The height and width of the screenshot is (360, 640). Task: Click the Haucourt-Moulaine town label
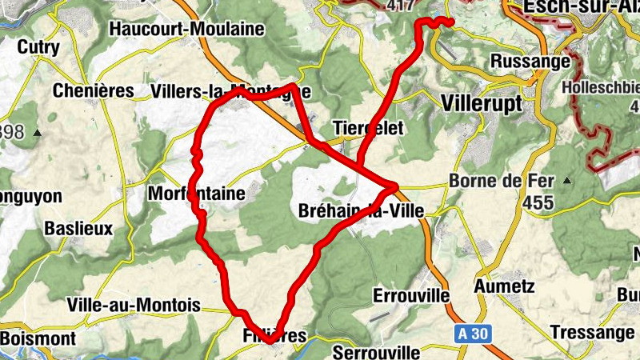point(188,29)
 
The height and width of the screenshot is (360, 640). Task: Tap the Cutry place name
point(38,47)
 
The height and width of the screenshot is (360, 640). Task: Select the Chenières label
point(93,90)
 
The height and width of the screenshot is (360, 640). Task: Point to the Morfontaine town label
point(195,194)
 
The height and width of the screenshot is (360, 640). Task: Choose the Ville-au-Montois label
point(134,305)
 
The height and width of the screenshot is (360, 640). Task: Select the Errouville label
point(410,295)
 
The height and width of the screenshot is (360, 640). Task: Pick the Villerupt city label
point(481,104)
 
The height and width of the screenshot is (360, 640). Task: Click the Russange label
point(529,61)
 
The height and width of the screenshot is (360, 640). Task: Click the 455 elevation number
point(540,203)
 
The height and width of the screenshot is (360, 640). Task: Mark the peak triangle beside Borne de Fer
point(567,180)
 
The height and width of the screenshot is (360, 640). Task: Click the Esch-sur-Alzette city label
point(581,9)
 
